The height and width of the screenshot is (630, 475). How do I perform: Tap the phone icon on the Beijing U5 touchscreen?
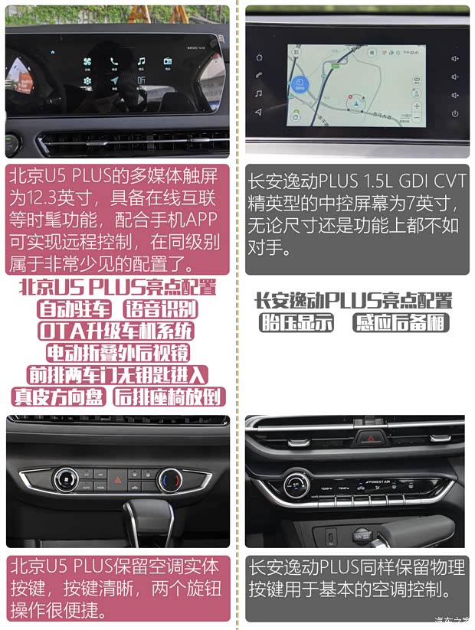coord(114,61)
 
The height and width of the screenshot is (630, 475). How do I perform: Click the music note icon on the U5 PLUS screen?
coord(141,61)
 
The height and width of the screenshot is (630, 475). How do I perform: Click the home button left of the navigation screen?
coord(259,57)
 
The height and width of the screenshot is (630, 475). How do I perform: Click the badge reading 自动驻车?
coord(74,309)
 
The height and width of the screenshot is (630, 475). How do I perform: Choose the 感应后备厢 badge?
coord(400,322)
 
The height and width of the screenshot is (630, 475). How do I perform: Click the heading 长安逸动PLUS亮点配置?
coord(353,300)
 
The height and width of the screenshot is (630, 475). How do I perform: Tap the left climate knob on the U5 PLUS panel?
coord(66,480)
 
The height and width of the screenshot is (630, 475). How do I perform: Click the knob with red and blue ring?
coord(169,480)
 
